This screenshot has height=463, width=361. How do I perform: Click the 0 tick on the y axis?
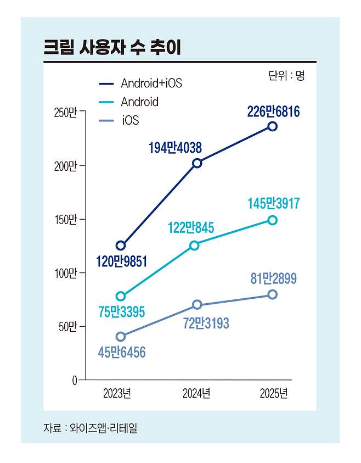tap(73, 380)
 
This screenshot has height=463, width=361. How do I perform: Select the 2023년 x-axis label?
tap(117, 394)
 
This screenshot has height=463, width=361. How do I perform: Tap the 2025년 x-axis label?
tap(273, 394)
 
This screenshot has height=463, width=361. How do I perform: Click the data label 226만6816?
tap(273, 113)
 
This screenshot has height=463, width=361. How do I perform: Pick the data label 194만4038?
tap(176, 147)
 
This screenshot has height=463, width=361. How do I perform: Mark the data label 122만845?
tap(191, 227)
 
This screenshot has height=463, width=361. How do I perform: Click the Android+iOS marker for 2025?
tap(273, 126)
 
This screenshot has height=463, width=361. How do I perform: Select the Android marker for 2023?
tap(121, 297)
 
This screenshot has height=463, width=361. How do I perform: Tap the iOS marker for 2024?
tap(197, 305)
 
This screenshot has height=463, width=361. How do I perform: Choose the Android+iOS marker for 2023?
tap(121, 246)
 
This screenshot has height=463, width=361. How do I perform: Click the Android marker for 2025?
tap(273, 220)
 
